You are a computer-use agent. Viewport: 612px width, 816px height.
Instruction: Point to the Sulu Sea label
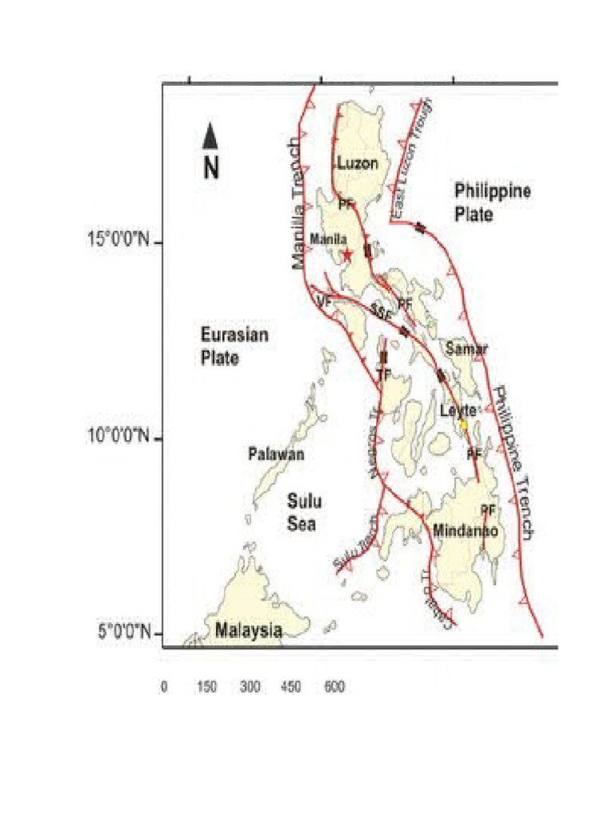click(303, 512)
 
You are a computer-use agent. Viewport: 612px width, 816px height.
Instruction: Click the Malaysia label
click(249, 630)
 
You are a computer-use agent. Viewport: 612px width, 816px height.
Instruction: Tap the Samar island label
click(467, 348)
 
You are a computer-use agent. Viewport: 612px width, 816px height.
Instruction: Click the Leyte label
click(458, 410)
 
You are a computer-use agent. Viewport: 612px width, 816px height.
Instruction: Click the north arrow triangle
click(210, 136)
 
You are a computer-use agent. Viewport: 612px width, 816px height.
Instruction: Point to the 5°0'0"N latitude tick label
click(124, 632)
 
